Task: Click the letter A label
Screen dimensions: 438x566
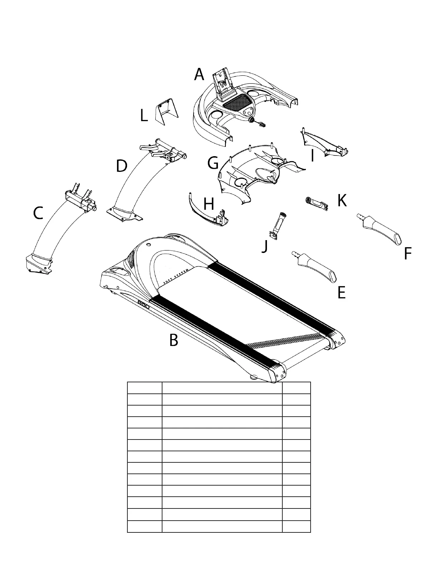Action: pyautogui.click(x=199, y=75)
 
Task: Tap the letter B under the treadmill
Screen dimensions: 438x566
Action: pyautogui.click(x=174, y=340)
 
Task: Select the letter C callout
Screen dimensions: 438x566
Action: pyautogui.click(x=38, y=213)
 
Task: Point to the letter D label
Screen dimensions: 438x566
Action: pyautogui.click(x=122, y=166)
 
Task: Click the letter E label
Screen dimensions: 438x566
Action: pyautogui.click(x=341, y=293)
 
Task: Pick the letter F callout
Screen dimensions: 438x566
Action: pyautogui.click(x=407, y=254)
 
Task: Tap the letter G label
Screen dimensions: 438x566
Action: pyautogui.click(x=213, y=164)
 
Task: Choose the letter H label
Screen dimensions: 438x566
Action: pyautogui.click(x=209, y=205)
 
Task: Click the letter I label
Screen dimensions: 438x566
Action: pyautogui.click(x=312, y=156)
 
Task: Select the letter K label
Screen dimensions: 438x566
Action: pyautogui.click(x=342, y=201)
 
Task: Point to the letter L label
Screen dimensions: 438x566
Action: pyautogui.click(x=143, y=116)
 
